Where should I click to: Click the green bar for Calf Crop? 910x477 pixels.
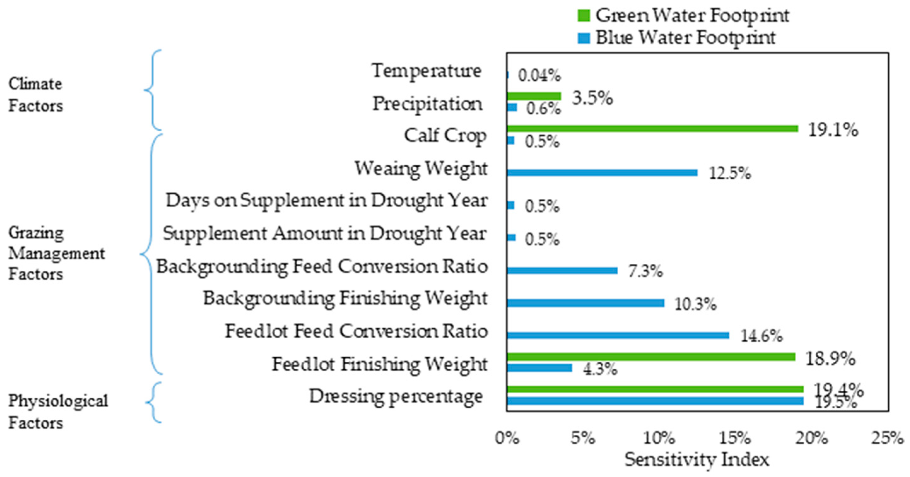[652, 129]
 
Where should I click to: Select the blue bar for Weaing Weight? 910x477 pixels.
[602, 173]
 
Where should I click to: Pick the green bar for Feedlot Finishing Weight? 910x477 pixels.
[651, 357]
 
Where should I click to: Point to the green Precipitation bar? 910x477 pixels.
[534, 96]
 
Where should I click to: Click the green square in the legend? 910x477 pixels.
[584, 15]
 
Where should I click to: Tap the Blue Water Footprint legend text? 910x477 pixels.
[685, 37]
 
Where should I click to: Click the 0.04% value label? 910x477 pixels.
[539, 76]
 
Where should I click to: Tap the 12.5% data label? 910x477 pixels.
[730, 173]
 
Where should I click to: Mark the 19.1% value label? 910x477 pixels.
[833, 130]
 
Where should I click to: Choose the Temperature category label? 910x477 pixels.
[426, 71]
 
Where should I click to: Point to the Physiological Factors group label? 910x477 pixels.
[58, 412]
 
